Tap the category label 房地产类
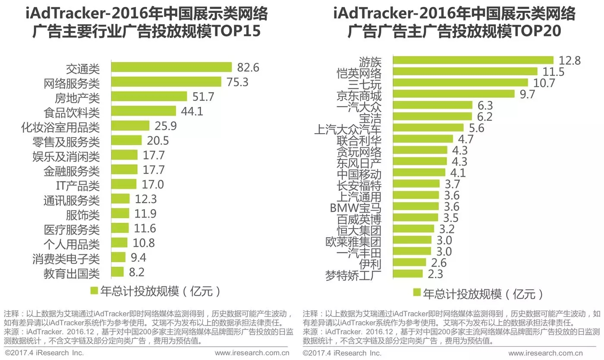tap(77, 97)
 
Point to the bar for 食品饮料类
tap(144, 111)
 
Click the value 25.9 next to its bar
tap(164, 126)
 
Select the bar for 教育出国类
tap(117, 272)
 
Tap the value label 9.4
tap(138, 258)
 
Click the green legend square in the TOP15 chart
tap(94, 291)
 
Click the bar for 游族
tap(473, 60)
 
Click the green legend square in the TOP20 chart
tap(417, 293)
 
